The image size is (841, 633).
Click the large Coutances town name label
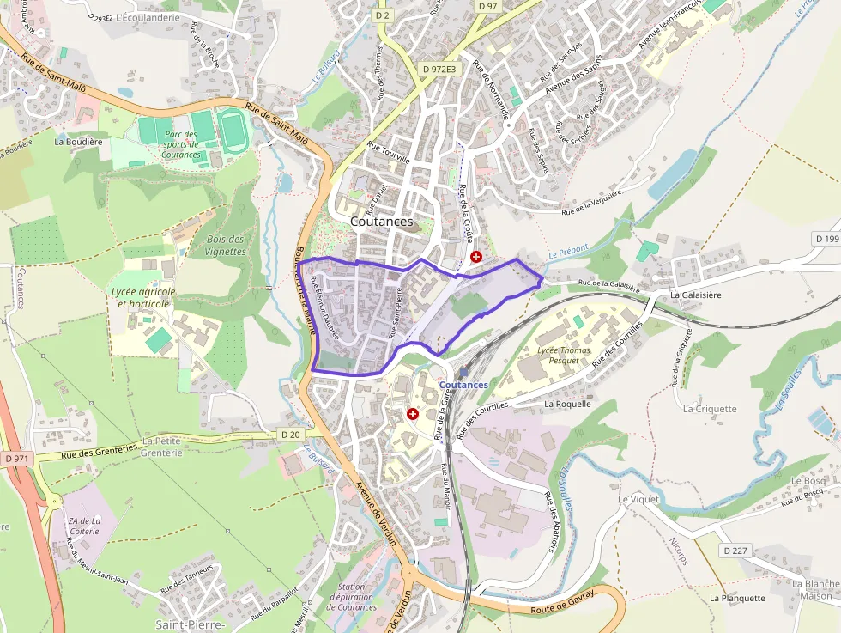coord(381,222)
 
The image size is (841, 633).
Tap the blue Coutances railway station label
coord(463,385)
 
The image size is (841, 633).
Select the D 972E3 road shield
coord(440,69)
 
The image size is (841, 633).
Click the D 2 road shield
coord(383,15)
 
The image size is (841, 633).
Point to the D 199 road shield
coord(828,238)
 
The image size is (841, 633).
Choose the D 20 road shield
coord(291,435)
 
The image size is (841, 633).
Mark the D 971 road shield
coord(15,459)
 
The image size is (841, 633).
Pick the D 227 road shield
coord(735,550)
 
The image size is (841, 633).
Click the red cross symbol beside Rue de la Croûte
coord(476,257)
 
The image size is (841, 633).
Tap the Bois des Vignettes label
coord(226,246)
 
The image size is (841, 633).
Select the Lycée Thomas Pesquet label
coord(565,356)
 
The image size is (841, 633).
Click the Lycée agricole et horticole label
coord(143,297)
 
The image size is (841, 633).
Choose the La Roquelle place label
coord(567,403)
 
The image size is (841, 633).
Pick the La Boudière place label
coord(78,141)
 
